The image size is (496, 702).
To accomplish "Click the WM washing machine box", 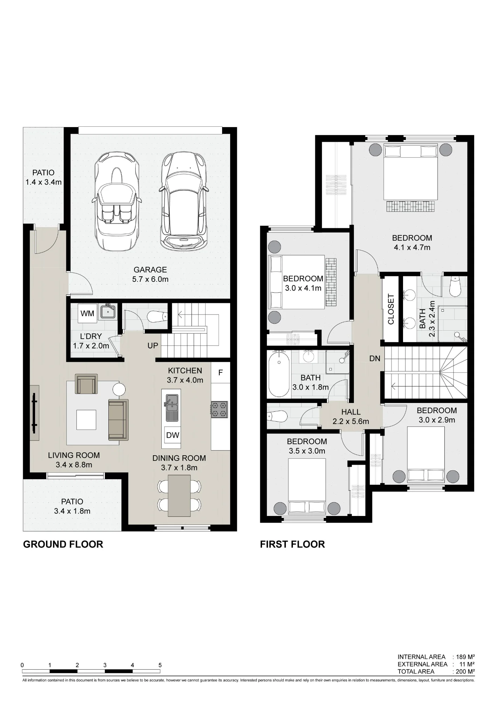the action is [x=87, y=313].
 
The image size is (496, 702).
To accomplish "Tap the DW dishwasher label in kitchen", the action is [x=173, y=435].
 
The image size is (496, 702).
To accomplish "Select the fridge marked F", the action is [x=220, y=372].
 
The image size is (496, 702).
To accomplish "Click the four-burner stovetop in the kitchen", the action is [x=220, y=409].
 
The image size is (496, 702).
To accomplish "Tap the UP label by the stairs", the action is [x=153, y=346].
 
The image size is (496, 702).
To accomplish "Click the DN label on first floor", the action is [x=375, y=358].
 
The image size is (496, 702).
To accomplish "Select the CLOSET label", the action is [x=391, y=309].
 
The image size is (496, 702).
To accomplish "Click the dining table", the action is [x=179, y=496].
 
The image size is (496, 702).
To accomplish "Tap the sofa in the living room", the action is [x=118, y=419].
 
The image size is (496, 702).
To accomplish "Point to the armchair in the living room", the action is [x=86, y=384].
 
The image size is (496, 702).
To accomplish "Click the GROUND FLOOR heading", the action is [x=63, y=544].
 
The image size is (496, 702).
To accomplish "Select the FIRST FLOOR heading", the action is [x=293, y=544].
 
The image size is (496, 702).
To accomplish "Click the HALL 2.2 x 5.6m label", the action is [x=351, y=417].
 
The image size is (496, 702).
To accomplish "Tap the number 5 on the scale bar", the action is [x=160, y=665].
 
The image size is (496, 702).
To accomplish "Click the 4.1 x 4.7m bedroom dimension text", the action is [x=412, y=247].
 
